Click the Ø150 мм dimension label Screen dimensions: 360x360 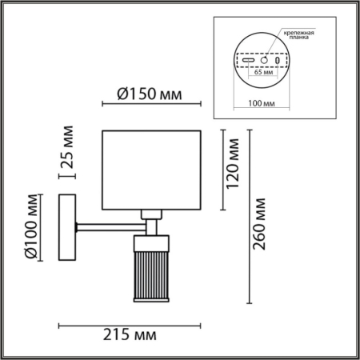coord(144,95)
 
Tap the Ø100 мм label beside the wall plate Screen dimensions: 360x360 coord(30,227)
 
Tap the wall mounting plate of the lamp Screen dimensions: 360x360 coord(68,227)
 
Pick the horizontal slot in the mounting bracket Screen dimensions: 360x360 coord(248,60)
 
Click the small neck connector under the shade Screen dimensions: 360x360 coord(148,214)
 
